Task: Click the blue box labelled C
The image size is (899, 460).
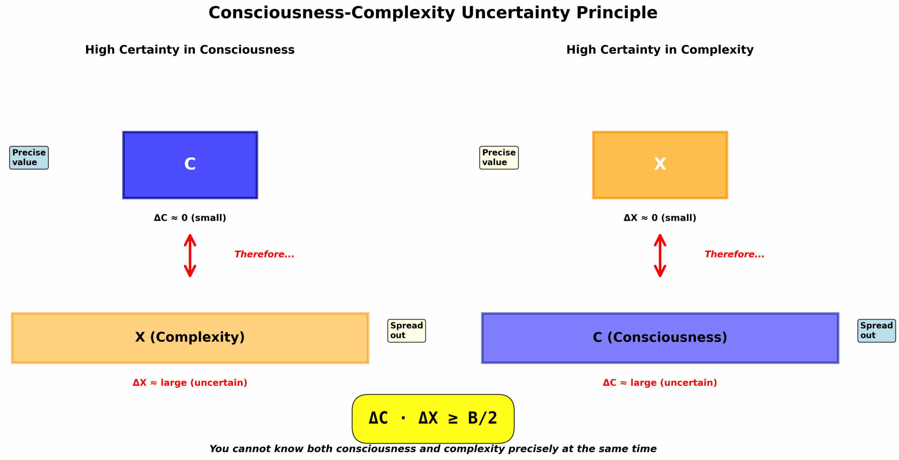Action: coord(190,165)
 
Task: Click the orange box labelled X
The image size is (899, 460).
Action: coord(660,165)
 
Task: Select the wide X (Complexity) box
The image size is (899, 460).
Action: coord(190,338)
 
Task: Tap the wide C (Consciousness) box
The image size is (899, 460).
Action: coord(660,338)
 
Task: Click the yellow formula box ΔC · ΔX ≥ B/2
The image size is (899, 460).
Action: coord(433,419)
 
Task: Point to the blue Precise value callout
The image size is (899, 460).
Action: coord(29,158)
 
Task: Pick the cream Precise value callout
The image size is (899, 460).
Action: coord(499,158)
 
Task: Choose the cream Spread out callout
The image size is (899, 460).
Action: coord(406,331)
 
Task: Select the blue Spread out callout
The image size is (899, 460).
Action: coord(876,331)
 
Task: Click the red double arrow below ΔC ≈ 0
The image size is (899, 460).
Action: coord(190,255)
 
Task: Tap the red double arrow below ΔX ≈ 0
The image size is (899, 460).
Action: coord(660,255)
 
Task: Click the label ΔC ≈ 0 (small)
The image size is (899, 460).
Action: coord(190,218)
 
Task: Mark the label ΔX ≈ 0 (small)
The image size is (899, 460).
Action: coord(660,218)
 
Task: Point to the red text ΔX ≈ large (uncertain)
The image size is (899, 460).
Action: coord(190,383)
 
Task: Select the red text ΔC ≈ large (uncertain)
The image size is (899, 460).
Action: coord(660,383)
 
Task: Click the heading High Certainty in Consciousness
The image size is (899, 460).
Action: coord(190,50)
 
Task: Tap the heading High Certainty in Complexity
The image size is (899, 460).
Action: coord(660,50)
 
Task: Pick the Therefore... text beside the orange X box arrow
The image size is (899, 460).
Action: coord(734,254)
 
